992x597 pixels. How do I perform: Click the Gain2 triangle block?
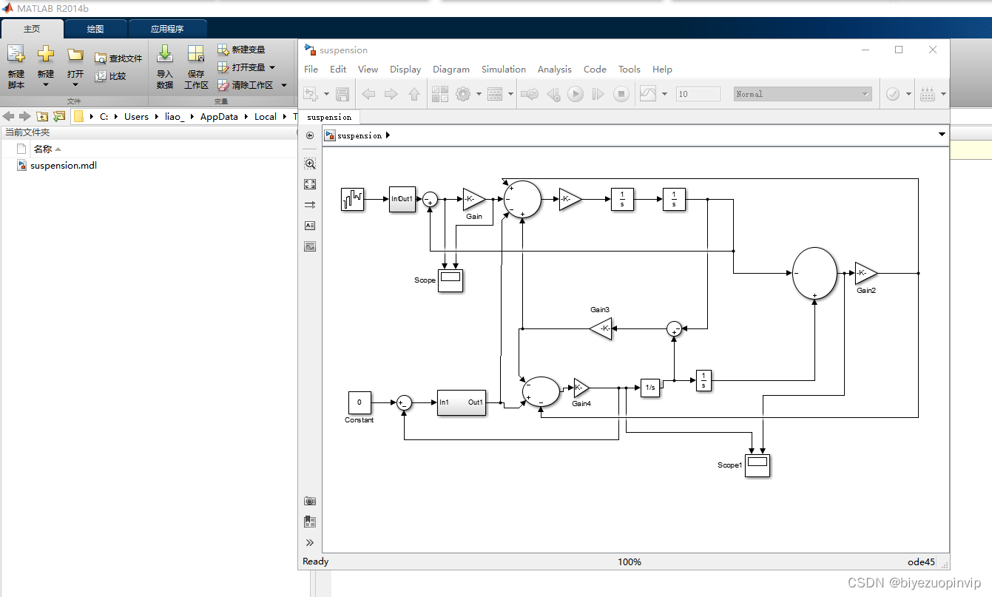866,273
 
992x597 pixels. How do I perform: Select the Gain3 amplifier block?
601,328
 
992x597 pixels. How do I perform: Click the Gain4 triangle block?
581,388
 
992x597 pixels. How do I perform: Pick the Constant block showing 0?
360,402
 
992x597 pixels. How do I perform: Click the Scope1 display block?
758,465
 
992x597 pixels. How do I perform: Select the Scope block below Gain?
451,280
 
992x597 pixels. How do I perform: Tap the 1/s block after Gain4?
650,388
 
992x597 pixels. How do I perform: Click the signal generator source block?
353,199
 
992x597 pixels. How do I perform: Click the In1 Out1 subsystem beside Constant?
462,402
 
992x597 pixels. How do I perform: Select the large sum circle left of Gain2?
814,273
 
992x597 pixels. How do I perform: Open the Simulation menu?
504,69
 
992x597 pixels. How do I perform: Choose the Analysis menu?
555,69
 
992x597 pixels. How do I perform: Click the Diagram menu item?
451,69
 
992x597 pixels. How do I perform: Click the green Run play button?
576,94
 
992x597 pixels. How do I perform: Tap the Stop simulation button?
621,94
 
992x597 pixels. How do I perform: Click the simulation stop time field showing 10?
698,94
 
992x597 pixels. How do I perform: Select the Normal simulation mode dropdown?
803,94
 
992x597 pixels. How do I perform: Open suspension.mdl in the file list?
64,165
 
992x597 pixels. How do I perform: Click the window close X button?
933,50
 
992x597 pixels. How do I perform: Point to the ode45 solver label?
921,562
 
